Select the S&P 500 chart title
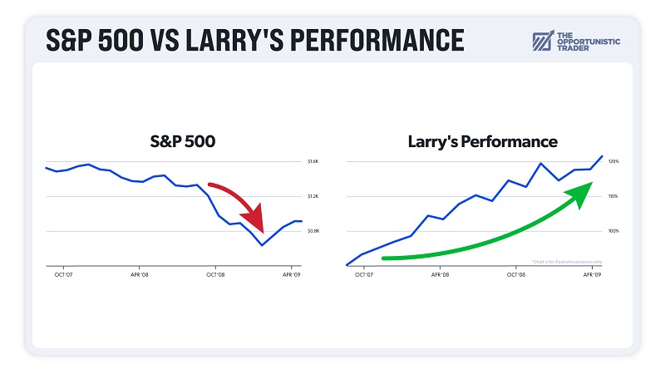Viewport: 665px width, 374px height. [x=176, y=141]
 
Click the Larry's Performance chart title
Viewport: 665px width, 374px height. [x=482, y=141]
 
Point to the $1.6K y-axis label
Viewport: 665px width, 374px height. [x=313, y=161]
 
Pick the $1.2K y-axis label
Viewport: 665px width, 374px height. [x=313, y=196]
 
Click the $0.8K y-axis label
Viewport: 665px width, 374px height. [x=313, y=231]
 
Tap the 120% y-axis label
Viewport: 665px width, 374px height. [x=613, y=161]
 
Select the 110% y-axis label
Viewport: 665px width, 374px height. [x=613, y=196]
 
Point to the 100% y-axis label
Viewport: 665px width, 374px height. [x=613, y=231]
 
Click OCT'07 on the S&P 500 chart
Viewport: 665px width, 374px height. [x=64, y=273]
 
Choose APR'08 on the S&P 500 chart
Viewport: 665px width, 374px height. [x=140, y=273]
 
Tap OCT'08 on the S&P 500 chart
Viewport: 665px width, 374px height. [x=215, y=273]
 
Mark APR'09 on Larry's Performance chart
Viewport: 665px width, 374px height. [x=591, y=273]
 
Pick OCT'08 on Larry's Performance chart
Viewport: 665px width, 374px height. [x=515, y=273]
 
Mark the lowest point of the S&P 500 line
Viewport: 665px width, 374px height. [x=262, y=245]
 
